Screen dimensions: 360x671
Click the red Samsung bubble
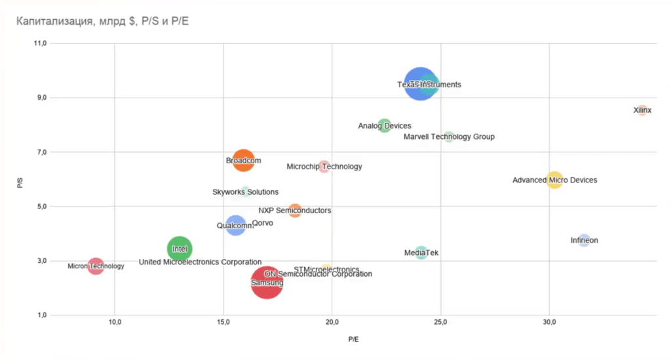coord(267,283)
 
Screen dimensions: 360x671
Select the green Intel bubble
coord(180,249)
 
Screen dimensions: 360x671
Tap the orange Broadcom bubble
coord(243,160)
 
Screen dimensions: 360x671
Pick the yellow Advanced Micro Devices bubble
coord(554,180)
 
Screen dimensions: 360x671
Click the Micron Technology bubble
coord(96,266)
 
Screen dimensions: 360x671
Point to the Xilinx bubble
coord(642,110)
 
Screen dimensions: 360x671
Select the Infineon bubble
coord(584,240)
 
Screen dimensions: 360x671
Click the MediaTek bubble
coord(421,252)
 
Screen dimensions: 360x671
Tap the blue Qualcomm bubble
coord(235,226)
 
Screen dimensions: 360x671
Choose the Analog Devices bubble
coord(385,125)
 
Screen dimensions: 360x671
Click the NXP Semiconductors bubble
coord(295,210)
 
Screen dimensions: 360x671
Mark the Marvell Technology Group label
coord(449,137)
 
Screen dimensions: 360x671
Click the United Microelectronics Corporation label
coord(200,262)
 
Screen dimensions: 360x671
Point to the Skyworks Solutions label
coord(245,192)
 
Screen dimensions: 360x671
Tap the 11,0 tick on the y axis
coord(39,44)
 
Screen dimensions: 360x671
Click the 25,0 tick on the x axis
coord(440,323)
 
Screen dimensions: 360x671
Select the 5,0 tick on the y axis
coord(41,207)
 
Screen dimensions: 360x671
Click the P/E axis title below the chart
coord(354,340)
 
